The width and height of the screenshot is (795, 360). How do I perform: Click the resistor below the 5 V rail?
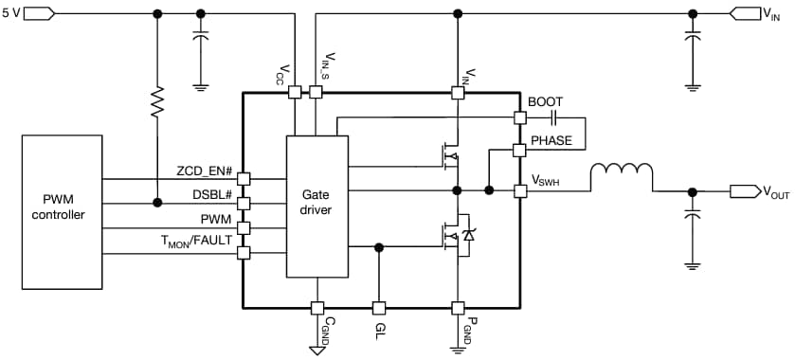[x=157, y=101]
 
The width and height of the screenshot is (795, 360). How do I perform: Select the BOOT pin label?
[x=545, y=101]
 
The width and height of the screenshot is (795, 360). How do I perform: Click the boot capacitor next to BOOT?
[x=554, y=118]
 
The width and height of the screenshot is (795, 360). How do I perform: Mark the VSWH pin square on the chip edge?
[x=519, y=190]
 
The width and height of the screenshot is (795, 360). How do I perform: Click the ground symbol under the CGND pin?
[x=317, y=351]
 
